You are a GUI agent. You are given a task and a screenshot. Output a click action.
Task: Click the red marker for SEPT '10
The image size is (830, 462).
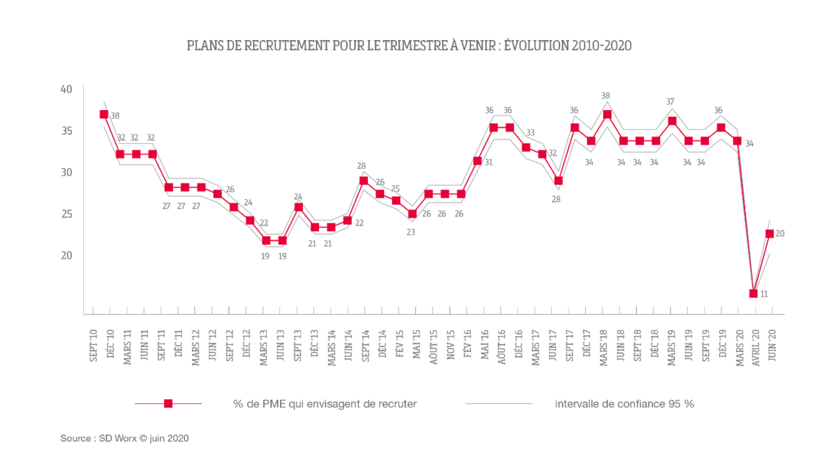(x=104, y=115)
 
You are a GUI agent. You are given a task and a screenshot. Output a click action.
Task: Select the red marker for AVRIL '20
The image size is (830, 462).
(x=753, y=293)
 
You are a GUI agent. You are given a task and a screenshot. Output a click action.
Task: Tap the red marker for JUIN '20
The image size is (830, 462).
(x=769, y=234)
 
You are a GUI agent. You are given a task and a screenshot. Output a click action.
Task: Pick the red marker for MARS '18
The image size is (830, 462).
(x=607, y=115)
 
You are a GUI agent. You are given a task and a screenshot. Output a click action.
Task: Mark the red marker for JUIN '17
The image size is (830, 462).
(x=558, y=181)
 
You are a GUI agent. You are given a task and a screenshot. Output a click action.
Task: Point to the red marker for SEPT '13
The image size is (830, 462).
(x=299, y=207)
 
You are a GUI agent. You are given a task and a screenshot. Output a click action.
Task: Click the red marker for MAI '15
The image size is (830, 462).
(x=412, y=214)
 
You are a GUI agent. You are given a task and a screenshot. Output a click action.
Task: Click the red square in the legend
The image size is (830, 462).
(x=168, y=404)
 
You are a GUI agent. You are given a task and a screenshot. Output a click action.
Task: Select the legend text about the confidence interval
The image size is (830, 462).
(x=624, y=404)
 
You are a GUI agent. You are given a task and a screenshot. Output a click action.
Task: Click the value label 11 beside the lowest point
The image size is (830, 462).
(x=764, y=294)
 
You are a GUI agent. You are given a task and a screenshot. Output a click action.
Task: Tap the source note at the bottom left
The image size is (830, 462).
(x=124, y=438)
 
